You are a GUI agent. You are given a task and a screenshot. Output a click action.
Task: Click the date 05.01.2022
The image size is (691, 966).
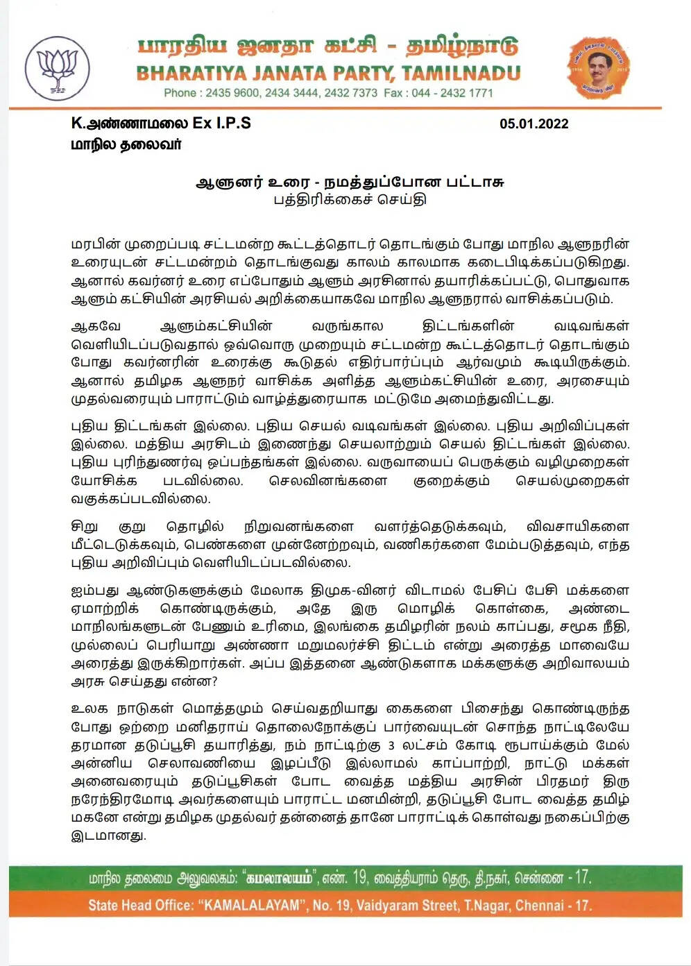(x=534, y=124)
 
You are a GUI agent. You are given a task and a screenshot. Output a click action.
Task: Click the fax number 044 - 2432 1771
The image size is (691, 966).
(x=452, y=93)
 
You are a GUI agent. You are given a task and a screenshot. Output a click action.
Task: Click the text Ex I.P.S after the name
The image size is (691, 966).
(x=221, y=124)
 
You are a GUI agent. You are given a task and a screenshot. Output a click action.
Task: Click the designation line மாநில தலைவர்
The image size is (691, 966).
(x=126, y=145)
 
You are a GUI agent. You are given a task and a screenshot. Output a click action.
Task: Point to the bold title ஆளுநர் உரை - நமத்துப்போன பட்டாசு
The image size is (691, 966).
(x=350, y=183)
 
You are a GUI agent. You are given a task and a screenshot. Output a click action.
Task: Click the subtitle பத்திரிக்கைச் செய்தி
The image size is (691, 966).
(x=350, y=200)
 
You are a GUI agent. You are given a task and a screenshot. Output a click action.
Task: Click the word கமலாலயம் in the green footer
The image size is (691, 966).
(x=280, y=878)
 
